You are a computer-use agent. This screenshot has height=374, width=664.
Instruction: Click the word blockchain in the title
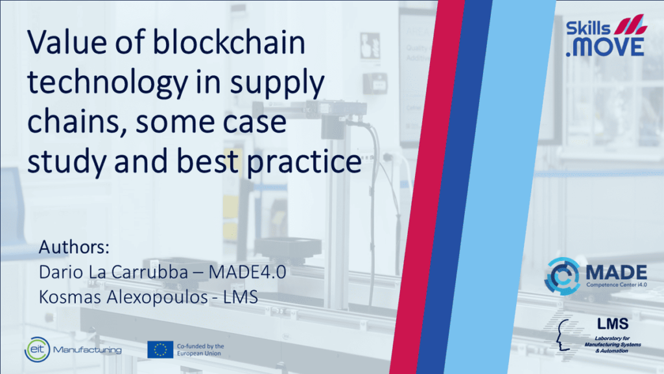pyautogui.click(x=229, y=42)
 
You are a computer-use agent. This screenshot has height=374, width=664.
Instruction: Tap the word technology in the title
pyautogui.click(x=108, y=82)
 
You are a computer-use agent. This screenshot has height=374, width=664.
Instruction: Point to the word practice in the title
pyautogui.click(x=304, y=162)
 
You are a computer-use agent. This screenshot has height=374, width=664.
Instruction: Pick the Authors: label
pyautogui.click(x=74, y=247)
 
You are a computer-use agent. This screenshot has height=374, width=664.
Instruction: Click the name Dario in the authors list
pyautogui.click(x=61, y=272)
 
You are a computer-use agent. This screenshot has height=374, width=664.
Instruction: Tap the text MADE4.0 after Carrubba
pyautogui.click(x=247, y=272)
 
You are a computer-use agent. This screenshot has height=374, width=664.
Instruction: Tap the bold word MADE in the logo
pyautogui.click(x=617, y=272)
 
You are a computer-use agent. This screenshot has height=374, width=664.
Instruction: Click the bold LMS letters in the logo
pyautogui.click(x=613, y=325)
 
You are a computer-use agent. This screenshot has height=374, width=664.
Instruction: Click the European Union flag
pyautogui.click(x=160, y=349)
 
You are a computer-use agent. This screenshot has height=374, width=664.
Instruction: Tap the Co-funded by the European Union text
pyautogui.click(x=200, y=350)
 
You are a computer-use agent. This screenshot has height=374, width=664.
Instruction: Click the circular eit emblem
pyautogui.click(x=37, y=349)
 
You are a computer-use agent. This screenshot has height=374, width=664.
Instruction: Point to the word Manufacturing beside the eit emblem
pyautogui.click(x=88, y=350)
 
